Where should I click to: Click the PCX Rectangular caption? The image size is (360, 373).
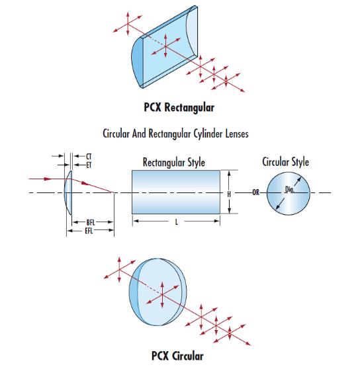coord(179,108)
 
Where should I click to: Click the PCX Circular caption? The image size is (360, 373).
coord(177,356)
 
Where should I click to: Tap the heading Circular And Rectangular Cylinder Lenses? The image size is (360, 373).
coord(175,134)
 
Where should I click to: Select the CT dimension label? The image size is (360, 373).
coord(89,157)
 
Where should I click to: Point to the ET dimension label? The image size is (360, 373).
coord(89,165)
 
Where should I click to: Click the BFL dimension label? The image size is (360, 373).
coord(91,222)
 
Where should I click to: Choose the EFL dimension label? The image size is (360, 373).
coord(89,231)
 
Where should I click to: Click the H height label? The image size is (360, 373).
coord(229,194)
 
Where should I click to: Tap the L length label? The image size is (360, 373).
coord(177,222)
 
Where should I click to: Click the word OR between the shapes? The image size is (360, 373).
coord(255,192)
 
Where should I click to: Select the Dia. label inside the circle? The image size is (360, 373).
coord(290,189)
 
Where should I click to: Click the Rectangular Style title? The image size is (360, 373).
coord(174,163)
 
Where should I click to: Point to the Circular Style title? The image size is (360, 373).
coord(285,162)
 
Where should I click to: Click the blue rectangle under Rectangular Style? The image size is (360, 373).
coord(176,192)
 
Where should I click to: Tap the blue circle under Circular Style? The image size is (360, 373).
coord(289,193)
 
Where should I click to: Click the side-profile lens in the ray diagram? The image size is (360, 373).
coord(68,192)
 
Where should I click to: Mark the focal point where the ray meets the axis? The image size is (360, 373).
coord(114,192)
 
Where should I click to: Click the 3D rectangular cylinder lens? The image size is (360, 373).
coord(164,47)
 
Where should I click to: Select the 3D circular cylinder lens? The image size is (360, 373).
coord(157,292)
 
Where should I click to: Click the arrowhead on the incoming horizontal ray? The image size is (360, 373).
coord(48,179)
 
